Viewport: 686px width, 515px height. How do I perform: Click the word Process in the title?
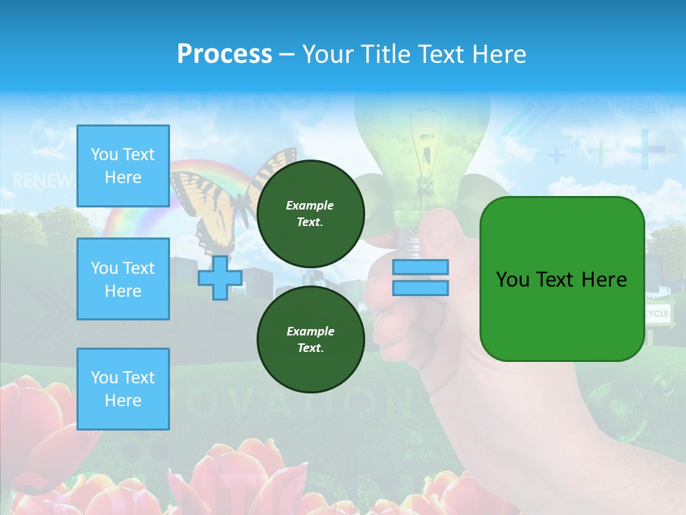point(224,54)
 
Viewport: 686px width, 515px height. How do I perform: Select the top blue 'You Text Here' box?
point(123,166)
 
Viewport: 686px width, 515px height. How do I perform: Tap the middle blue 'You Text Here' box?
point(123,279)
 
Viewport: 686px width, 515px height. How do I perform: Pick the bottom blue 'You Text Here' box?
point(123,389)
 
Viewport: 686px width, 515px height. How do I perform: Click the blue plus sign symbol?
point(219,278)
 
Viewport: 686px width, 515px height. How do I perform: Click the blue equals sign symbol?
point(420,278)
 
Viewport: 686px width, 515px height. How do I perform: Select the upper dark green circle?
point(310,213)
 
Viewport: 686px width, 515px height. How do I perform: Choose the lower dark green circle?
point(310,339)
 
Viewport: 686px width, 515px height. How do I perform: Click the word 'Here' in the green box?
point(605,280)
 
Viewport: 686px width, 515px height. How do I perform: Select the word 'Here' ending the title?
point(497,54)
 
